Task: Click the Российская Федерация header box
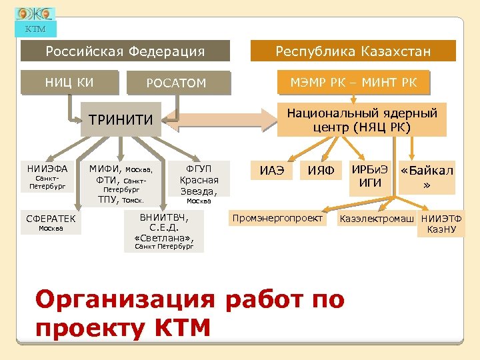[125, 51]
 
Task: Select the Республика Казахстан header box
[353, 51]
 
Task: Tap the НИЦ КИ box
[69, 83]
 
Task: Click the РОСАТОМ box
[177, 83]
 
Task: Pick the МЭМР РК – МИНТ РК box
[353, 83]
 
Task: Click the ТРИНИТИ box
[121, 120]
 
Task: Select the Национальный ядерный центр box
[361, 120]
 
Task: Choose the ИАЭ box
[271, 171]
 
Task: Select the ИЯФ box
[321, 171]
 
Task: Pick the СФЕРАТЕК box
[51, 223]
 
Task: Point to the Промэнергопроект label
[277, 218]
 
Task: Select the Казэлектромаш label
[377, 219]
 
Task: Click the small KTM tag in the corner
[35, 29]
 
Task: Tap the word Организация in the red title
[125, 300]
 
